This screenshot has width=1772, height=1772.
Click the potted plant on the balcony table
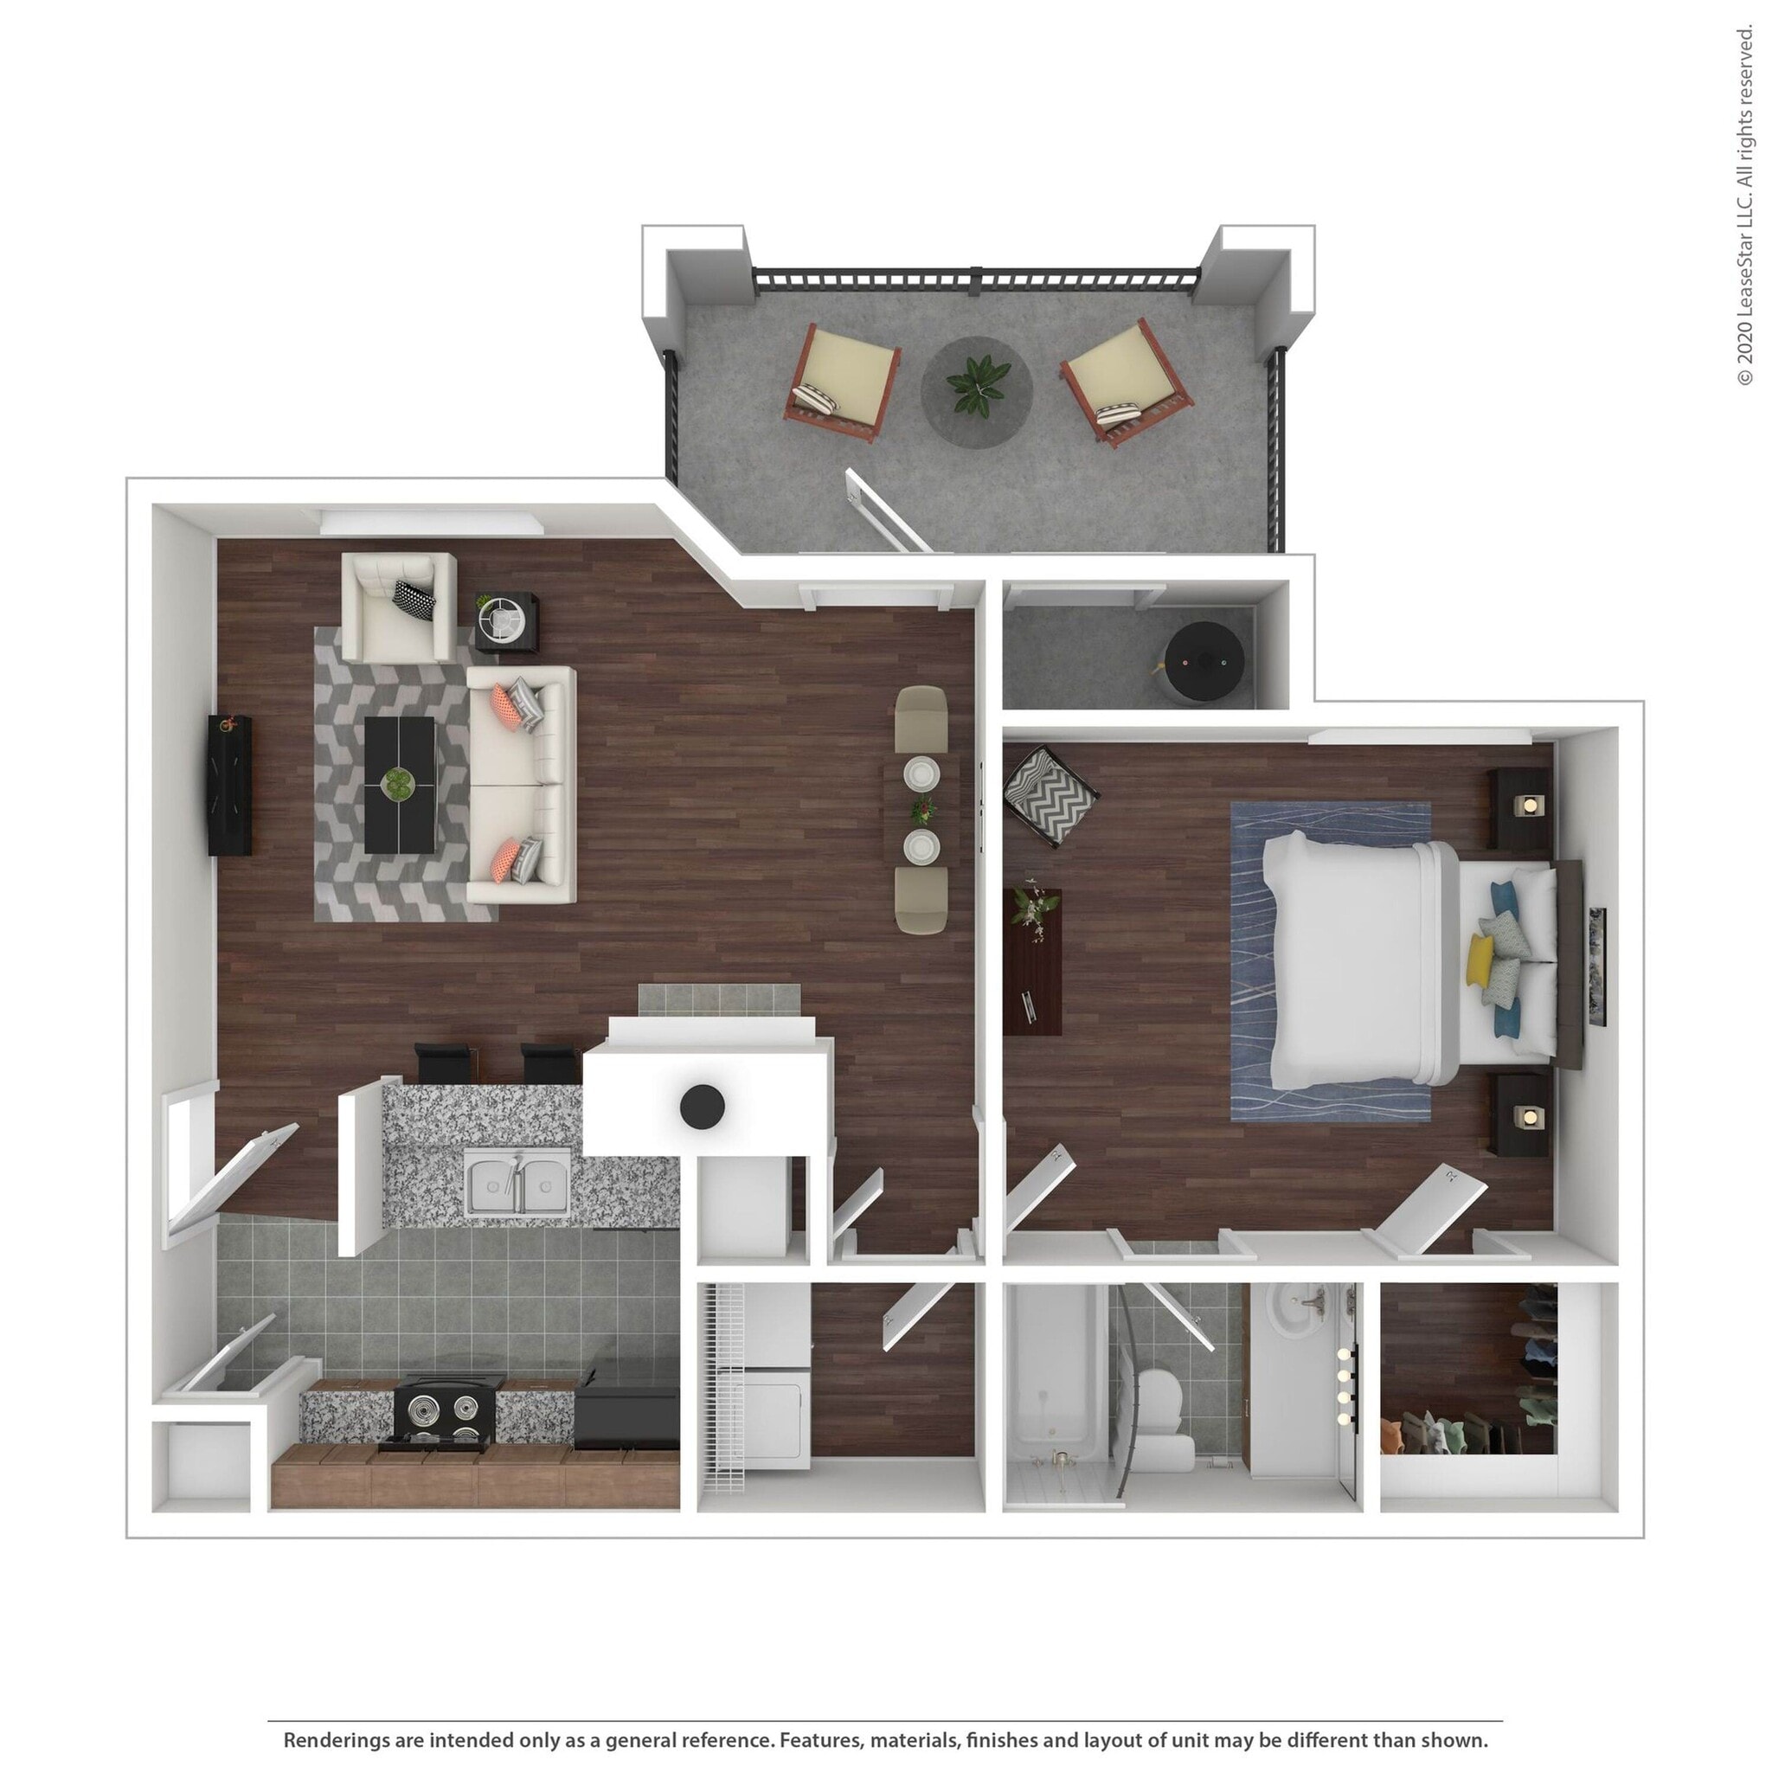pos(977,385)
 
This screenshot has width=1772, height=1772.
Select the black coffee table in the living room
pos(399,784)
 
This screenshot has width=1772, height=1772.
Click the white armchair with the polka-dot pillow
pos(398,607)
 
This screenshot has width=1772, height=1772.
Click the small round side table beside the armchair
pos(506,622)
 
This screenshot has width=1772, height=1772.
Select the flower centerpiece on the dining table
pos(922,809)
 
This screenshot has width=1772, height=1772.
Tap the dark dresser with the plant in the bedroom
pos(1032,960)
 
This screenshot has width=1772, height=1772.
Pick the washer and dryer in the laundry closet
pos(775,1376)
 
